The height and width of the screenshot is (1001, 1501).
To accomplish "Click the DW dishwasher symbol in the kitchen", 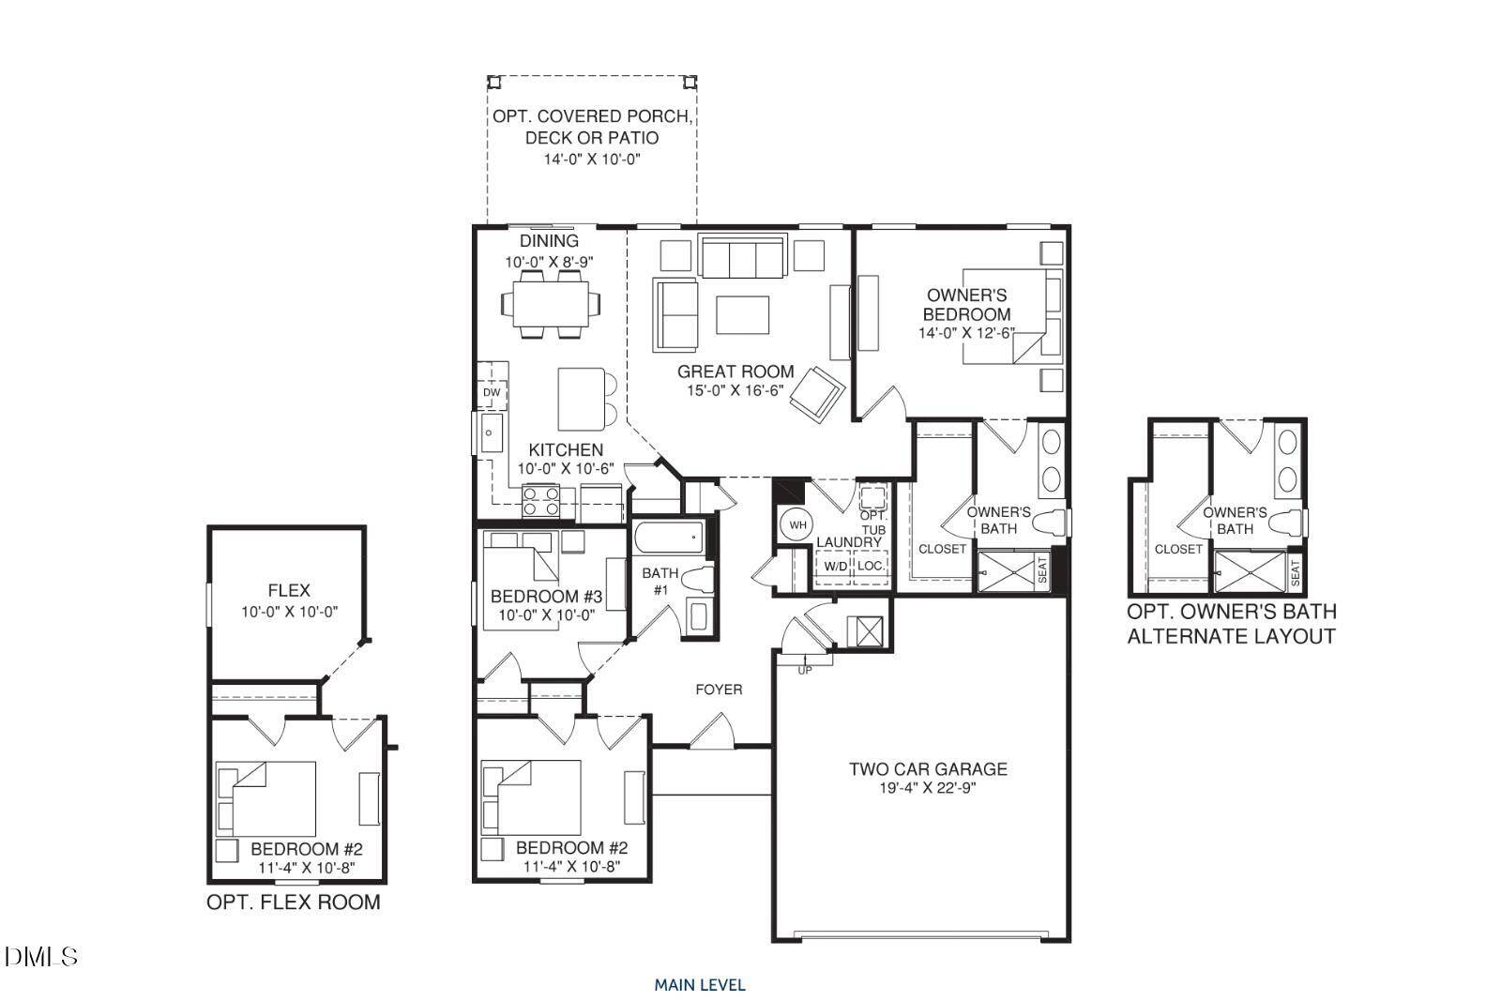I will coord(492,392).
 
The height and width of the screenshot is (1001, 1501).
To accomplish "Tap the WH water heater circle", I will coord(797,525).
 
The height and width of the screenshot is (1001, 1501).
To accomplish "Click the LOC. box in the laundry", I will coord(871,566).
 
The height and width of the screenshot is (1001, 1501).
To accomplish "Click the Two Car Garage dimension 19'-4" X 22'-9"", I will coord(928,789).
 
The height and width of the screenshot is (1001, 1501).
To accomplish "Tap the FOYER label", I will coord(719,690).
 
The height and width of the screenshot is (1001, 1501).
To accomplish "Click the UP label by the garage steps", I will coord(805,670).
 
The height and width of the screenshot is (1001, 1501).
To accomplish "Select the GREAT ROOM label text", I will coord(735,372).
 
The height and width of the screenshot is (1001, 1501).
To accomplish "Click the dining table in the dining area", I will coord(551,302).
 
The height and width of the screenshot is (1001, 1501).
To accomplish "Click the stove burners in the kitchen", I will coord(541,501).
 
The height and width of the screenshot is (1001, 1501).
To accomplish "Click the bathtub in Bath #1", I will coord(668,538).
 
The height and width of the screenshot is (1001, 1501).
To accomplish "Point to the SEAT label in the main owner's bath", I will coord(1042,571).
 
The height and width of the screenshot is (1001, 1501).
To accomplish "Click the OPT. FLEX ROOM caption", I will coord(294,902).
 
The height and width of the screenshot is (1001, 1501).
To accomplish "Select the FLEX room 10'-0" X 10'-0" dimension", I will coord(289,612).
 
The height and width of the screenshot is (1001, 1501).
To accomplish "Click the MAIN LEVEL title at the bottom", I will coord(700,985).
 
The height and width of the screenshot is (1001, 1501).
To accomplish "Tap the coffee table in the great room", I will coord(742,314).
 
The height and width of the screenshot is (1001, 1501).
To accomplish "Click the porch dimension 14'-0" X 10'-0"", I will coord(592,159).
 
